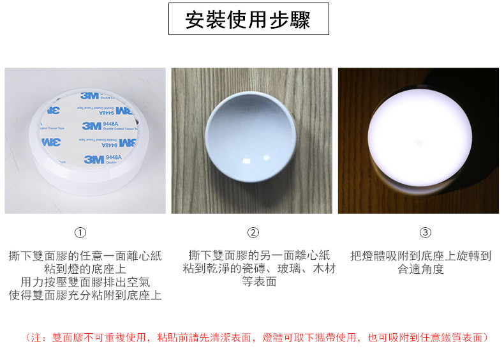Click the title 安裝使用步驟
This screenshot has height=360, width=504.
click(x=248, y=20)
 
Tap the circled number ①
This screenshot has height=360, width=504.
click(x=80, y=232)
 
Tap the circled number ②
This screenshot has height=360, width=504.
click(x=253, y=232)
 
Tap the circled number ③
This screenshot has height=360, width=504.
click(x=426, y=232)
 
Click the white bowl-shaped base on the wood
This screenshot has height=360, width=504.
click(x=250, y=137)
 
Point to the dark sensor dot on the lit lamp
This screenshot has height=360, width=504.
click(x=419, y=142)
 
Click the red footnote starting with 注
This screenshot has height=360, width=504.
click(x=256, y=338)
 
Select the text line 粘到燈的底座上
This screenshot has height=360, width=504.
click(x=85, y=269)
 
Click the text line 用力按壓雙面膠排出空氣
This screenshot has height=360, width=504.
click(x=85, y=282)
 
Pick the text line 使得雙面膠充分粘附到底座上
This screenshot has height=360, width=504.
click(x=85, y=295)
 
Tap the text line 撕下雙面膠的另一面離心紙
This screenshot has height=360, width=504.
click(x=259, y=255)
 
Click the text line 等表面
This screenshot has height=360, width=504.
click(x=259, y=281)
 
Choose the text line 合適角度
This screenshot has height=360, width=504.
click(x=421, y=269)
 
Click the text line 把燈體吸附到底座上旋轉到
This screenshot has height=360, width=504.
click(x=421, y=256)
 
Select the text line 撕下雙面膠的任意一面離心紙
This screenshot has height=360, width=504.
click(x=85, y=256)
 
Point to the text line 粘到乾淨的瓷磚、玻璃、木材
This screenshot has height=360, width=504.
click(x=259, y=268)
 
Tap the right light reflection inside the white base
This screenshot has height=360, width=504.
click(x=267, y=158)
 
